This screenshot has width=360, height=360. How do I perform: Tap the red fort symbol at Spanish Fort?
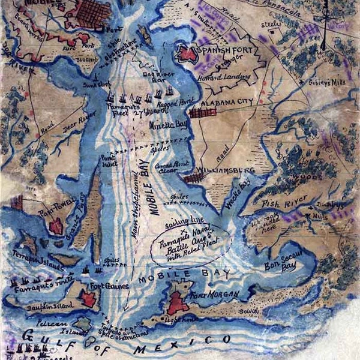pos(187,54)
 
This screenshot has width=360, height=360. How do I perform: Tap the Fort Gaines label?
pos(109,286)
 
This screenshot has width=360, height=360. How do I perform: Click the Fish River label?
pos(280,204)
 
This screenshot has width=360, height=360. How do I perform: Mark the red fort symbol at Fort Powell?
pos(56,226)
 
